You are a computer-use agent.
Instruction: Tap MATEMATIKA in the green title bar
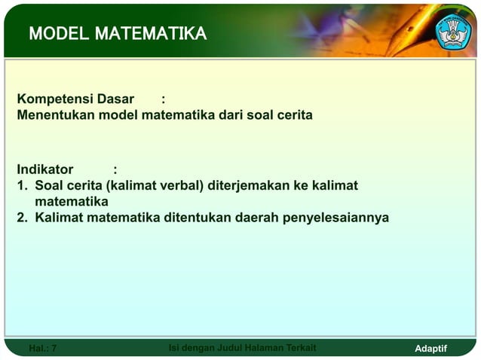150,33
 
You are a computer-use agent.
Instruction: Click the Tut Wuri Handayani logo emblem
454,32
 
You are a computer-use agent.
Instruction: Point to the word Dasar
115,99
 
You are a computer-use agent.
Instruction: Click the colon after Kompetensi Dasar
164,99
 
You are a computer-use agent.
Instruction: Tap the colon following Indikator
115,169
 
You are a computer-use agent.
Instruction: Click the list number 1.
22,185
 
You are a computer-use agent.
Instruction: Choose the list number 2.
22,218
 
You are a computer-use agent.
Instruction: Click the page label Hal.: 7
42,348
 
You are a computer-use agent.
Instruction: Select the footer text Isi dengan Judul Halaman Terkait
242,347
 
